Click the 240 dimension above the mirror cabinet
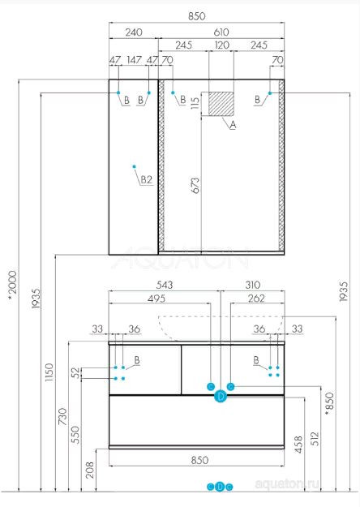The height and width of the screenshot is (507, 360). [134, 32]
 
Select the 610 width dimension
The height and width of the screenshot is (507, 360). [221, 32]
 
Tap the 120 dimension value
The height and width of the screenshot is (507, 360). [222, 45]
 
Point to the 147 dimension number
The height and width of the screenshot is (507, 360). [134, 60]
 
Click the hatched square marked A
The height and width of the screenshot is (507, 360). [221, 104]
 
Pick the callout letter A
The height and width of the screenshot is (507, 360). [233, 124]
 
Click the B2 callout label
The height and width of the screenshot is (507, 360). [147, 179]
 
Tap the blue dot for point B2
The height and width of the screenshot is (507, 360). [134, 167]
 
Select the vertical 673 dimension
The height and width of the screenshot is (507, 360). [195, 185]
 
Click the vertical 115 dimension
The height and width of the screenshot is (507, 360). [195, 104]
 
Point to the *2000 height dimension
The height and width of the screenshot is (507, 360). [13, 286]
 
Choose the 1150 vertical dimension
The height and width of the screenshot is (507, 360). [49, 372]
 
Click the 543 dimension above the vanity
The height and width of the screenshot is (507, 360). [165, 285]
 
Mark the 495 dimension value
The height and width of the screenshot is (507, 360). [156, 299]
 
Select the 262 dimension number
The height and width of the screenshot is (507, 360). [256, 299]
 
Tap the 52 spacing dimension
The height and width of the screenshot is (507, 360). [75, 372]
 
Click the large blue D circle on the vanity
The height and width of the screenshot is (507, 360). [221, 396]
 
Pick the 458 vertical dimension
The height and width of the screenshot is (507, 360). [299, 445]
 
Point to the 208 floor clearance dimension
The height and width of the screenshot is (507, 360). [90, 470]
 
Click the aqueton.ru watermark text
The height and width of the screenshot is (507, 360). [287, 484]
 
